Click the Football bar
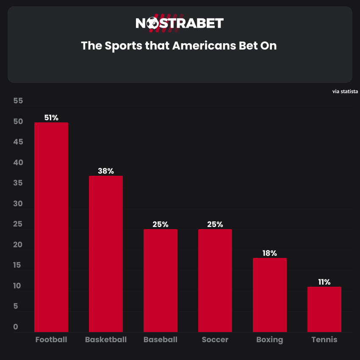(51, 227)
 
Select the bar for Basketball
(106, 254)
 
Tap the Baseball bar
(161, 280)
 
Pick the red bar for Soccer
(215, 280)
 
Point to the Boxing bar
(270, 295)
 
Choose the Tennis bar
(324, 309)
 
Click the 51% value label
(51, 118)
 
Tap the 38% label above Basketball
(106, 171)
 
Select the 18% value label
(270, 253)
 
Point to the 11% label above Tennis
(324, 282)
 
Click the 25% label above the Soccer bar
(215, 224)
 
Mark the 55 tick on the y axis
(18, 101)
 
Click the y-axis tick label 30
(18, 204)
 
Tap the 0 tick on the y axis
(16, 327)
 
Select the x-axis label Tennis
(324, 340)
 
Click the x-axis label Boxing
(270, 340)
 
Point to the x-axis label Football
(51, 340)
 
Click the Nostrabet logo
(180, 23)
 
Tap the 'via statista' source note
(346, 91)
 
